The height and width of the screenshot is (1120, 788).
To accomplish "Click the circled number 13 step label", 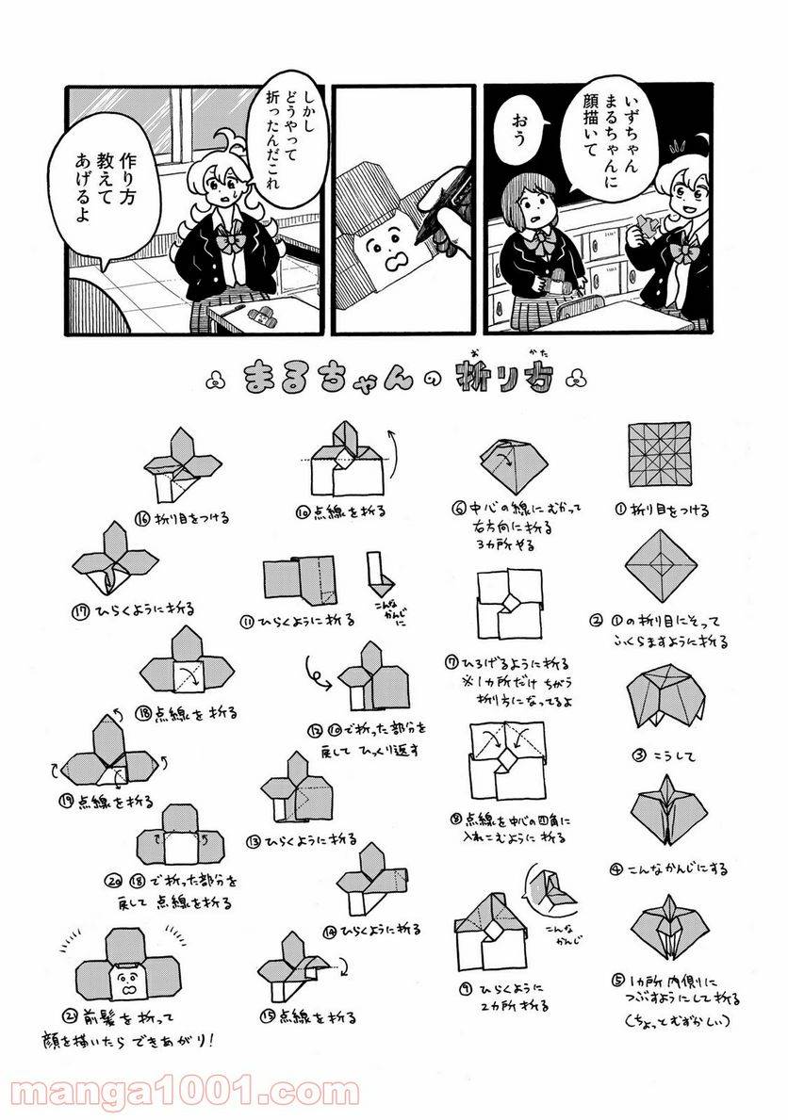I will coord(254,839).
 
